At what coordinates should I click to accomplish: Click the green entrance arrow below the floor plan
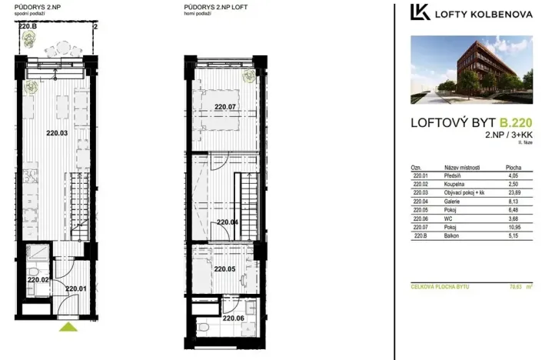pyautogui.click(x=69, y=328)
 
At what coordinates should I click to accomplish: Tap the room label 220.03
pyautogui.click(x=58, y=133)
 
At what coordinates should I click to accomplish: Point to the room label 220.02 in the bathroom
pyautogui.click(x=38, y=280)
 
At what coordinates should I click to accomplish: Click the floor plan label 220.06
pyautogui.click(x=234, y=318)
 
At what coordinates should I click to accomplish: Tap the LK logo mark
pyautogui.click(x=420, y=12)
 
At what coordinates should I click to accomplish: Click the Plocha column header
pyautogui.click(x=513, y=168)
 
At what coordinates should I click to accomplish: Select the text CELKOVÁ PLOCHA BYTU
pyautogui.click(x=440, y=286)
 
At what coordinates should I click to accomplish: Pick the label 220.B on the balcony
pyautogui.click(x=27, y=26)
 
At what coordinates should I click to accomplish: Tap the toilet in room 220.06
pyautogui.click(x=205, y=328)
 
